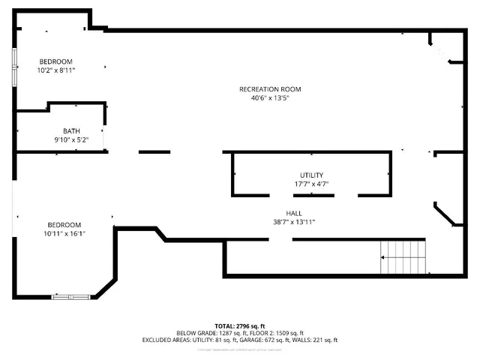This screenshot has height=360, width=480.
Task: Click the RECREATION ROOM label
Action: click(x=270, y=89)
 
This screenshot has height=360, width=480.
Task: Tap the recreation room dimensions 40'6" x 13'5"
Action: click(x=270, y=97)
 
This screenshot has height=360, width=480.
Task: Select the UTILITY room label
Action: click(x=311, y=175)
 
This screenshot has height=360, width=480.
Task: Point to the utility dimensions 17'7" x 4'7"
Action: click(x=311, y=183)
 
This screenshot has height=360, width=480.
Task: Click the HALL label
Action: click(x=294, y=213)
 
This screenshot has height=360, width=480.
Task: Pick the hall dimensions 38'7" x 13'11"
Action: click(x=294, y=221)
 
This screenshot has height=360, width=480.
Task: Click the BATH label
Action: click(x=71, y=131)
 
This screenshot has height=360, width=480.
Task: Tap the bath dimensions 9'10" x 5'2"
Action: click(x=71, y=139)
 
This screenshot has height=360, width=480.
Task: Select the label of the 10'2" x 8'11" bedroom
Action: click(x=56, y=61)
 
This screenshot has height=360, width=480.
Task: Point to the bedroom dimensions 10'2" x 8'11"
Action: click(x=56, y=70)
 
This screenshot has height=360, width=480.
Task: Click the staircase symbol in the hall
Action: click(x=403, y=257)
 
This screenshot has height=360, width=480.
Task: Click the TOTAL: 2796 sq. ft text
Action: click(x=240, y=326)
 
